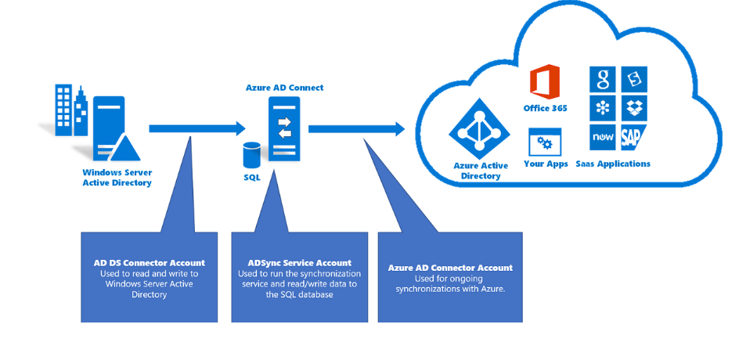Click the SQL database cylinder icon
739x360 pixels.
251,155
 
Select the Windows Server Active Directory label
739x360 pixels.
117,178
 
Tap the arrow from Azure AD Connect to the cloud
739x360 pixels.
356,128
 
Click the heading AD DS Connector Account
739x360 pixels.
149,263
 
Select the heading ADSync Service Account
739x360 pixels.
299,263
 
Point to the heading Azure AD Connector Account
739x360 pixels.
450,268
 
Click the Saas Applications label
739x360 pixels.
613,164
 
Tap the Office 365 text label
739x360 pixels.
545,108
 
